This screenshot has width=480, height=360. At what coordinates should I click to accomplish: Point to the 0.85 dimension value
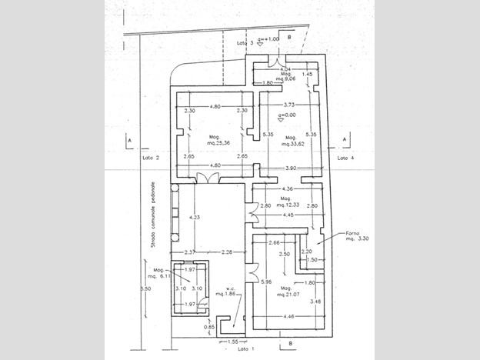[x=188, y=327]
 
